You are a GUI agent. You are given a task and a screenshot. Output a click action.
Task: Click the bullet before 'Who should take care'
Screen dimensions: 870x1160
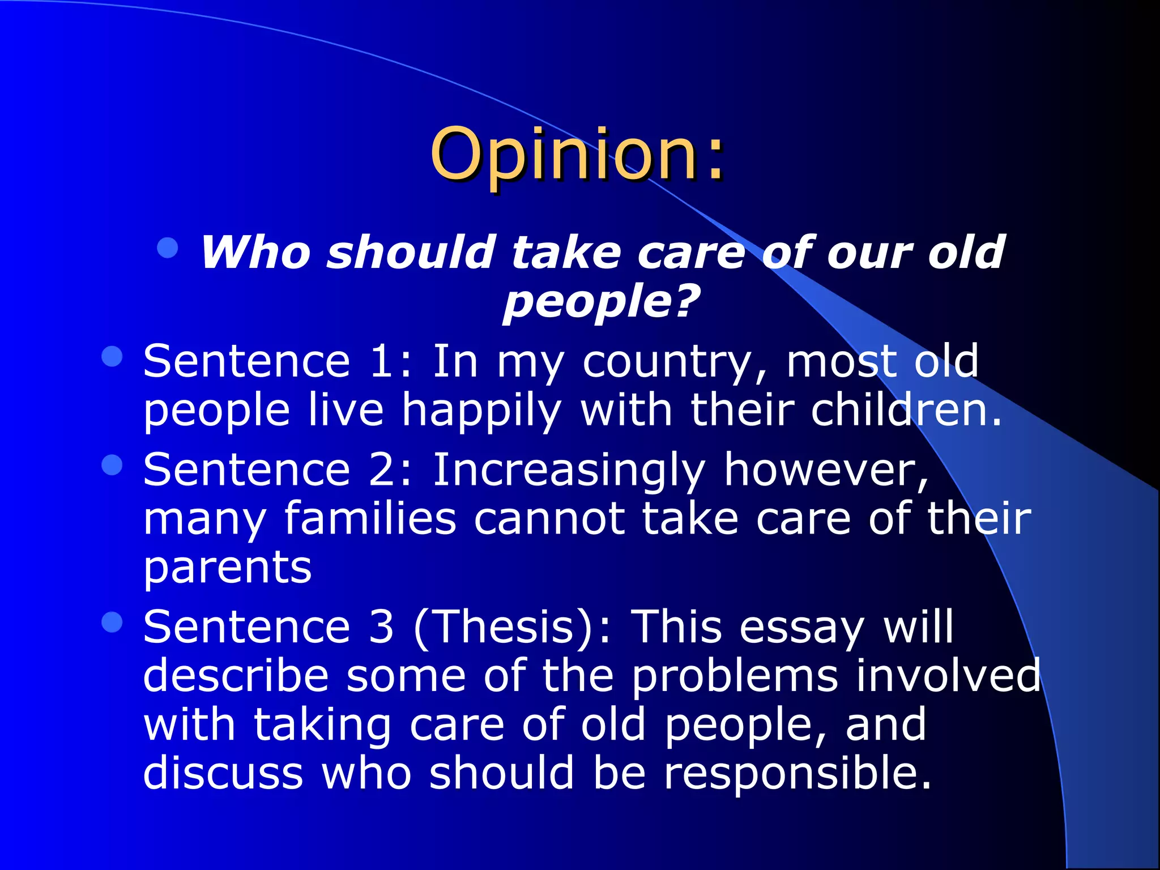tap(168, 248)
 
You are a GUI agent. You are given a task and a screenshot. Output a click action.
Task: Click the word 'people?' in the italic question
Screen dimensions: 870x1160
tap(602, 301)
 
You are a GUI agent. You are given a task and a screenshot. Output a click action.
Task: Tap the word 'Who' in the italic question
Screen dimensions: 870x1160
tap(255, 252)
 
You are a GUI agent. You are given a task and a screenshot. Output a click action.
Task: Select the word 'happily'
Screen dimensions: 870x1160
tap(481, 411)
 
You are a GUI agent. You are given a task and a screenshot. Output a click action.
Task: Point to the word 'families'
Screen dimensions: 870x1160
tap(370, 519)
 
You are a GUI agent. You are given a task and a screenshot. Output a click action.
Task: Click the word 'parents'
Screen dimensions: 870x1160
tap(227, 569)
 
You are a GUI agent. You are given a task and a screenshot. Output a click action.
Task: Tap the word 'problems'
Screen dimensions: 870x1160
tap(735, 677)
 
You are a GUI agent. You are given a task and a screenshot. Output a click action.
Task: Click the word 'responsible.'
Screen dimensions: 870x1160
tap(797, 774)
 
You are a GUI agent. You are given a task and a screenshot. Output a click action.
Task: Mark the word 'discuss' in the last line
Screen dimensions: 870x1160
tap(223, 774)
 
